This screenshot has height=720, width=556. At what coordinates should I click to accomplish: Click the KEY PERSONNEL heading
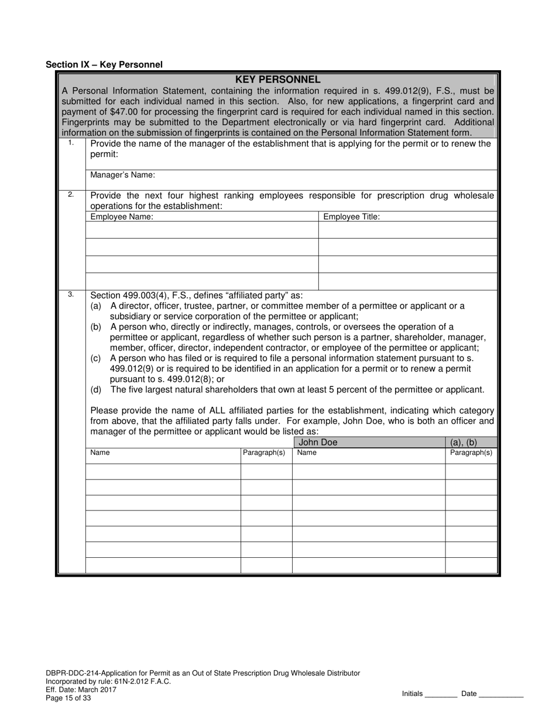277,80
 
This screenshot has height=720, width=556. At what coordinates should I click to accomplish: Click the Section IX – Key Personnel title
104,65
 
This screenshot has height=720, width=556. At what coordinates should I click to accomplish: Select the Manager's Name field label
122,175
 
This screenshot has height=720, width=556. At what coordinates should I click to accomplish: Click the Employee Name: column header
122,217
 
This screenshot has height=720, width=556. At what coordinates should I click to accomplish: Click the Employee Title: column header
351,217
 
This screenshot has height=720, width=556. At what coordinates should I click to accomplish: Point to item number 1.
71,143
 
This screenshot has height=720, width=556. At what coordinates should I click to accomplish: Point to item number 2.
71,194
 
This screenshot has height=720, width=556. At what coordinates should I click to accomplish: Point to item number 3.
71,294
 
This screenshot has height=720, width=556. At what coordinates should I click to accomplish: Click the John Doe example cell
318,443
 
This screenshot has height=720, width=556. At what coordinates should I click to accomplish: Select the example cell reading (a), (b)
464,443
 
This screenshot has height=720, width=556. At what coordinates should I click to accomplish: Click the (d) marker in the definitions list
96,390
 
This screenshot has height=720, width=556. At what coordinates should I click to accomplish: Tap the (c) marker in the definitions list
96,358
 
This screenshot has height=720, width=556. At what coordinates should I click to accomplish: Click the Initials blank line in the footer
441,695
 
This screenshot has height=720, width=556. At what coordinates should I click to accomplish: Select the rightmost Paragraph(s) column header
471,452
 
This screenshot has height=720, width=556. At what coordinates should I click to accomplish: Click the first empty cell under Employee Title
407,230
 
